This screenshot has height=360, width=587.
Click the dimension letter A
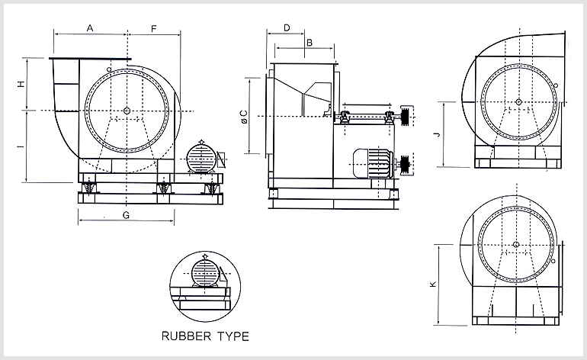pyautogui.click(x=90, y=28)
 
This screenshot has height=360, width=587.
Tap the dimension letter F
pyautogui.click(x=153, y=28)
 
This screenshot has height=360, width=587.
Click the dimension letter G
pyautogui.click(x=126, y=215)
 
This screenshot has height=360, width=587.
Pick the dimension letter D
pyautogui.click(x=286, y=27)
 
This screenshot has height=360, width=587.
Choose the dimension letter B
pyautogui.click(x=309, y=43)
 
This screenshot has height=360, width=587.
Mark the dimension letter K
pyautogui.click(x=432, y=284)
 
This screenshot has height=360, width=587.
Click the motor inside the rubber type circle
pyautogui.click(x=204, y=272)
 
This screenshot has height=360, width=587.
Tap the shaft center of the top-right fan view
pyautogui.click(x=518, y=101)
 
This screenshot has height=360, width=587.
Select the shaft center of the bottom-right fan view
pyautogui.click(x=517, y=245)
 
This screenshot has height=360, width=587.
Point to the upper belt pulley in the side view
pyautogui.click(x=405, y=117)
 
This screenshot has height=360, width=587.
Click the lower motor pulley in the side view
pyautogui.click(x=405, y=162)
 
